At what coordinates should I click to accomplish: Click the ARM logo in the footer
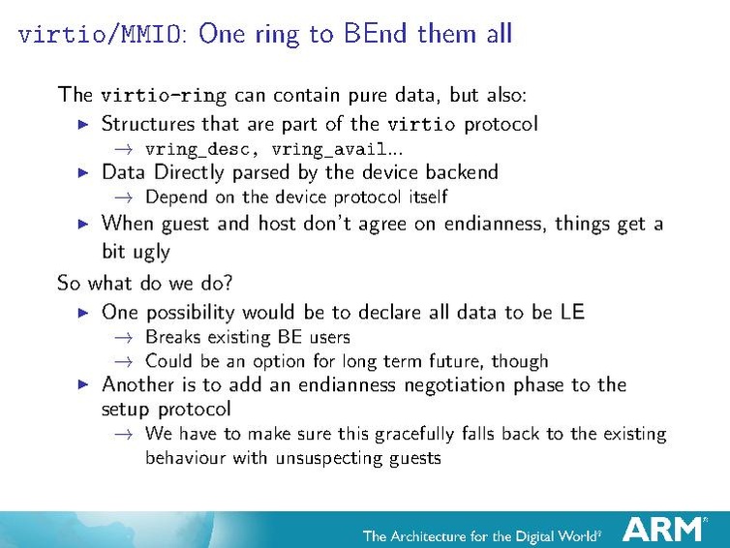click(664, 530)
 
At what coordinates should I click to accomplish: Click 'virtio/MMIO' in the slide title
click(103, 35)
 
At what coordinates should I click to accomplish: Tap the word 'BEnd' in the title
click(377, 34)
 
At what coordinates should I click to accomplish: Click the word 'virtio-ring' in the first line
click(164, 95)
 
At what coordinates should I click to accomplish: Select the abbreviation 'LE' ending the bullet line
click(571, 312)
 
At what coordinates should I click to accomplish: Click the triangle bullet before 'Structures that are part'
click(83, 124)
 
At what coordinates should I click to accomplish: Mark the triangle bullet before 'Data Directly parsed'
click(83, 173)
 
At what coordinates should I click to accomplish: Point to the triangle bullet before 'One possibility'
click(83, 313)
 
